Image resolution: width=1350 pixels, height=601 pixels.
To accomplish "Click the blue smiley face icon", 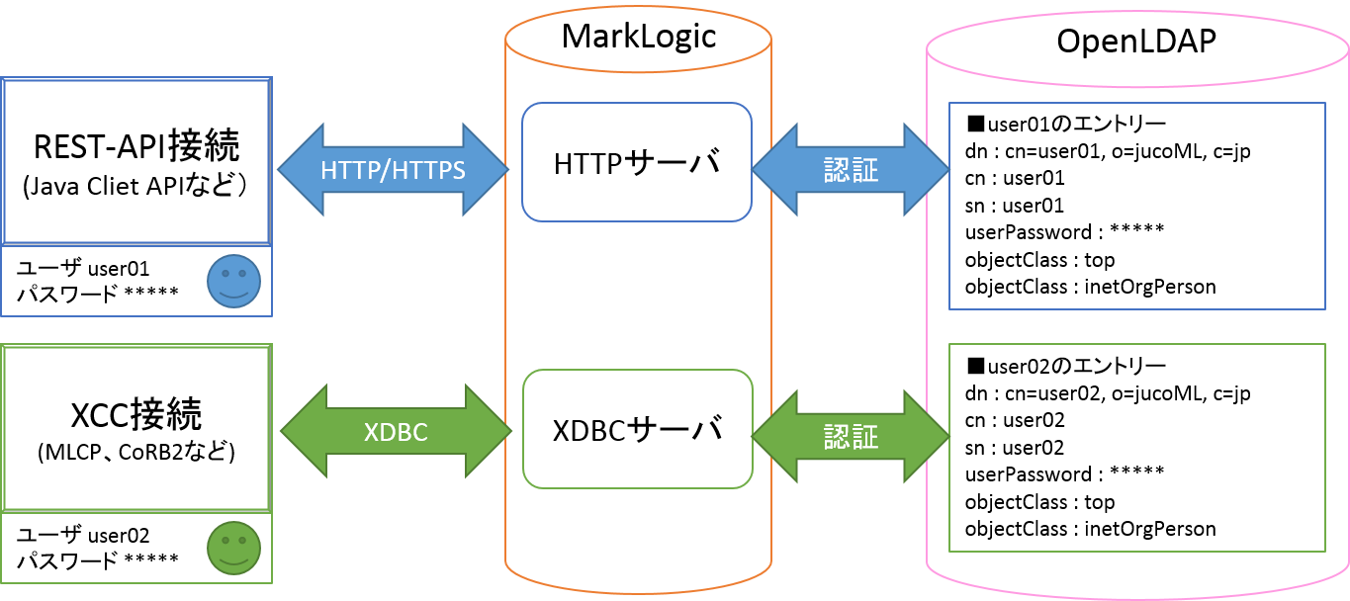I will [x=234, y=281].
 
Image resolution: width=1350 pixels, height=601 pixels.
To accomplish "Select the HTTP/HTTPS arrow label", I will [x=393, y=170].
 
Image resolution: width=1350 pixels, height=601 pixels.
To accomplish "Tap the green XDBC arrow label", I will [x=396, y=432].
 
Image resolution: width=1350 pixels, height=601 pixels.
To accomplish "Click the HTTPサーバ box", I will [x=637, y=162].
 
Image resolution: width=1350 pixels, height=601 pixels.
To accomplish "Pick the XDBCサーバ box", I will [x=637, y=429].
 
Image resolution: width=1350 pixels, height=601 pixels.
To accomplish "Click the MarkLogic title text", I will [x=638, y=37].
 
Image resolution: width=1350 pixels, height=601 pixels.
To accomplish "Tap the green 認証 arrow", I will [x=851, y=436].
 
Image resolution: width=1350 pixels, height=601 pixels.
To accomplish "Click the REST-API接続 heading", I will [x=136, y=146].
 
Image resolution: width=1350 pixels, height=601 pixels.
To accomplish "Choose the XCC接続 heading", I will [x=136, y=413].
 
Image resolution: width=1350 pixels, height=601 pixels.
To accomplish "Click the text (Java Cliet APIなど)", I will [x=136, y=187].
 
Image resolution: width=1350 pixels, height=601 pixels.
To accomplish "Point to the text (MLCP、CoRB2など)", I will [x=136, y=453].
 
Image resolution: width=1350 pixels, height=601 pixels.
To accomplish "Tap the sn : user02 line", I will [x=1015, y=448].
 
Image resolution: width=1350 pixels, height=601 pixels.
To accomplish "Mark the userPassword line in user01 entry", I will [x=1064, y=233].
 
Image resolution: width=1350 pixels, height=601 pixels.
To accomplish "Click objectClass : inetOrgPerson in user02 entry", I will [x=1090, y=529].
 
